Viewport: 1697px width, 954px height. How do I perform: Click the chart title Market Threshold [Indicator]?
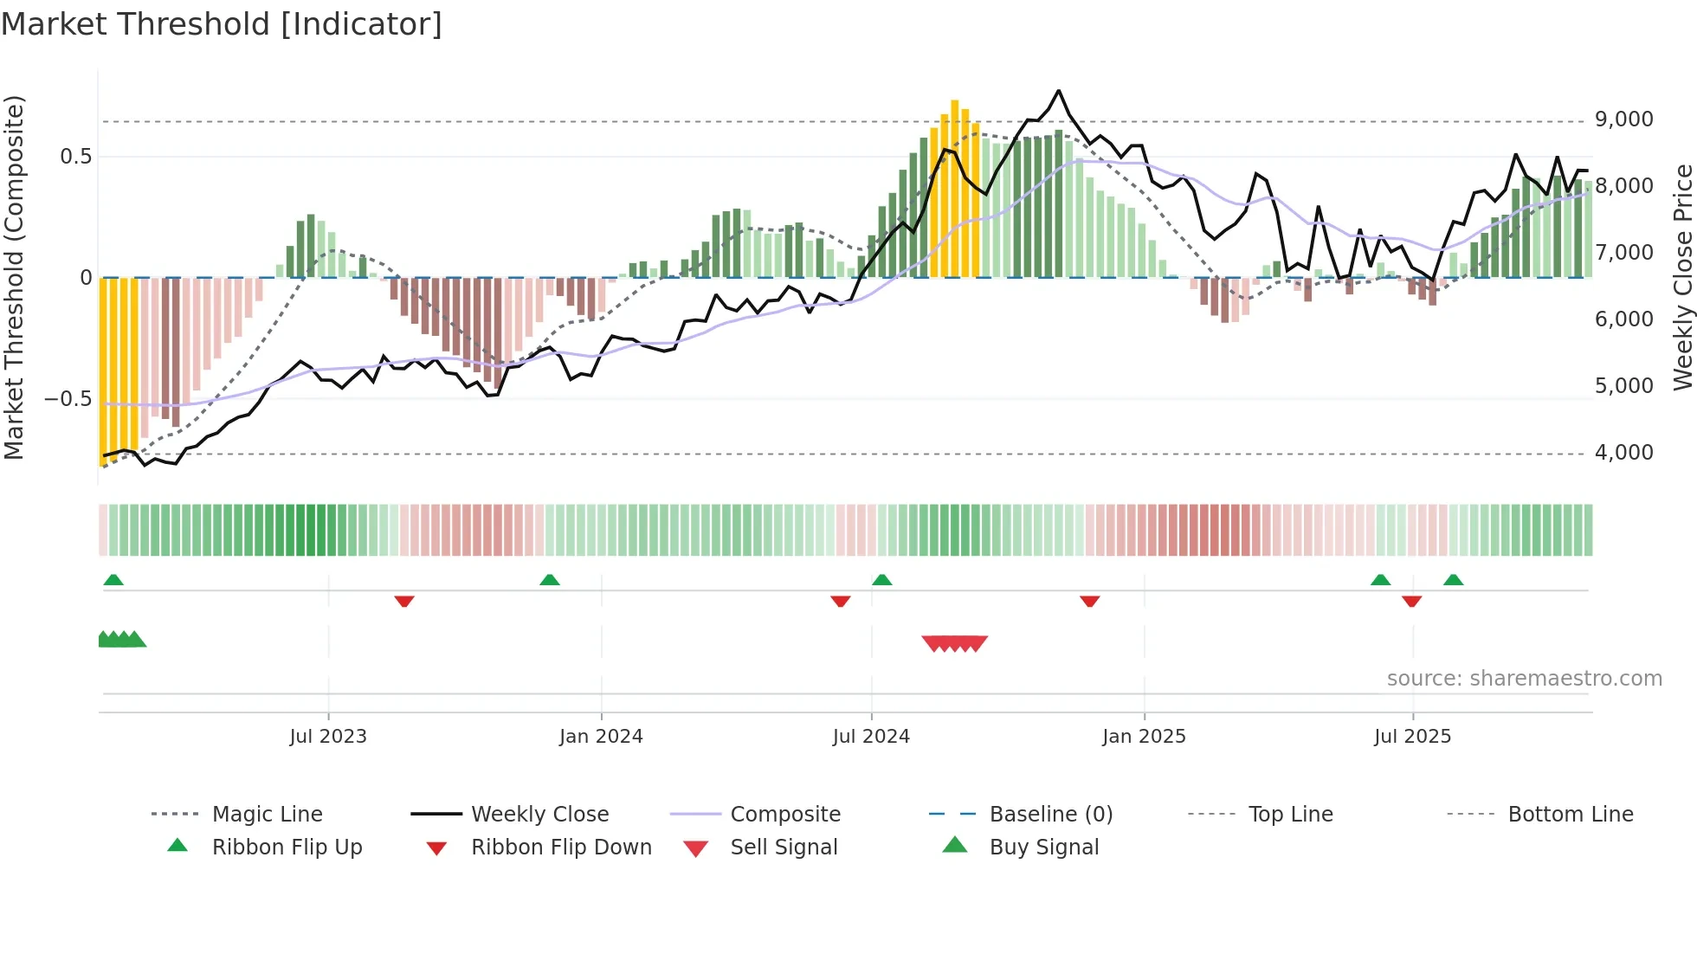click(222, 24)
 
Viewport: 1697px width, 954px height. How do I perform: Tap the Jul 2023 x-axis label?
click(328, 737)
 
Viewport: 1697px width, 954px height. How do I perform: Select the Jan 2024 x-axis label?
click(601, 737)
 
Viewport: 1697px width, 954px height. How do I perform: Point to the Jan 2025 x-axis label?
click(1144, 737)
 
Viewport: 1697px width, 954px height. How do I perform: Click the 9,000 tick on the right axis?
click(1623, 119)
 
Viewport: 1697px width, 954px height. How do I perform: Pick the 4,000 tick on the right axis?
click(1623, 453)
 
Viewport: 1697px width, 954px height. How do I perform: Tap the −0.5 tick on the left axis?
click(68, 399)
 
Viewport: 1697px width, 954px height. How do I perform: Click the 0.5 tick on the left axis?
click(75, 157)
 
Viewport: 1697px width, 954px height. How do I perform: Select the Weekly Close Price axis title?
click(1682, 277)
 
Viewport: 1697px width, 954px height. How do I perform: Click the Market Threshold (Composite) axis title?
click(14, 277)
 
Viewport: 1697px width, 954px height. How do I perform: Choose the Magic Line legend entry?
click(267, 815)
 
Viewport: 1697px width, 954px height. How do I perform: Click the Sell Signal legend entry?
click(784, 848)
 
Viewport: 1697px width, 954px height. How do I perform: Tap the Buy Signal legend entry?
click(1043, 848)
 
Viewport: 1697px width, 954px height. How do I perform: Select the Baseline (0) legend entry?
click(1050, 815)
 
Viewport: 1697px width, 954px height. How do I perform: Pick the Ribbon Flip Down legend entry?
click(561, 848)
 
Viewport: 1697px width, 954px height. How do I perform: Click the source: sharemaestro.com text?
click(1524, 679)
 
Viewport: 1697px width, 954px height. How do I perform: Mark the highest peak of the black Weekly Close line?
click(1058, 91)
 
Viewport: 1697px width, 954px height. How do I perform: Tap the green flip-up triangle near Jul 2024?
click(881, 580)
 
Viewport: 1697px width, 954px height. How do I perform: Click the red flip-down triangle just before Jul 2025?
click(1411, 601)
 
